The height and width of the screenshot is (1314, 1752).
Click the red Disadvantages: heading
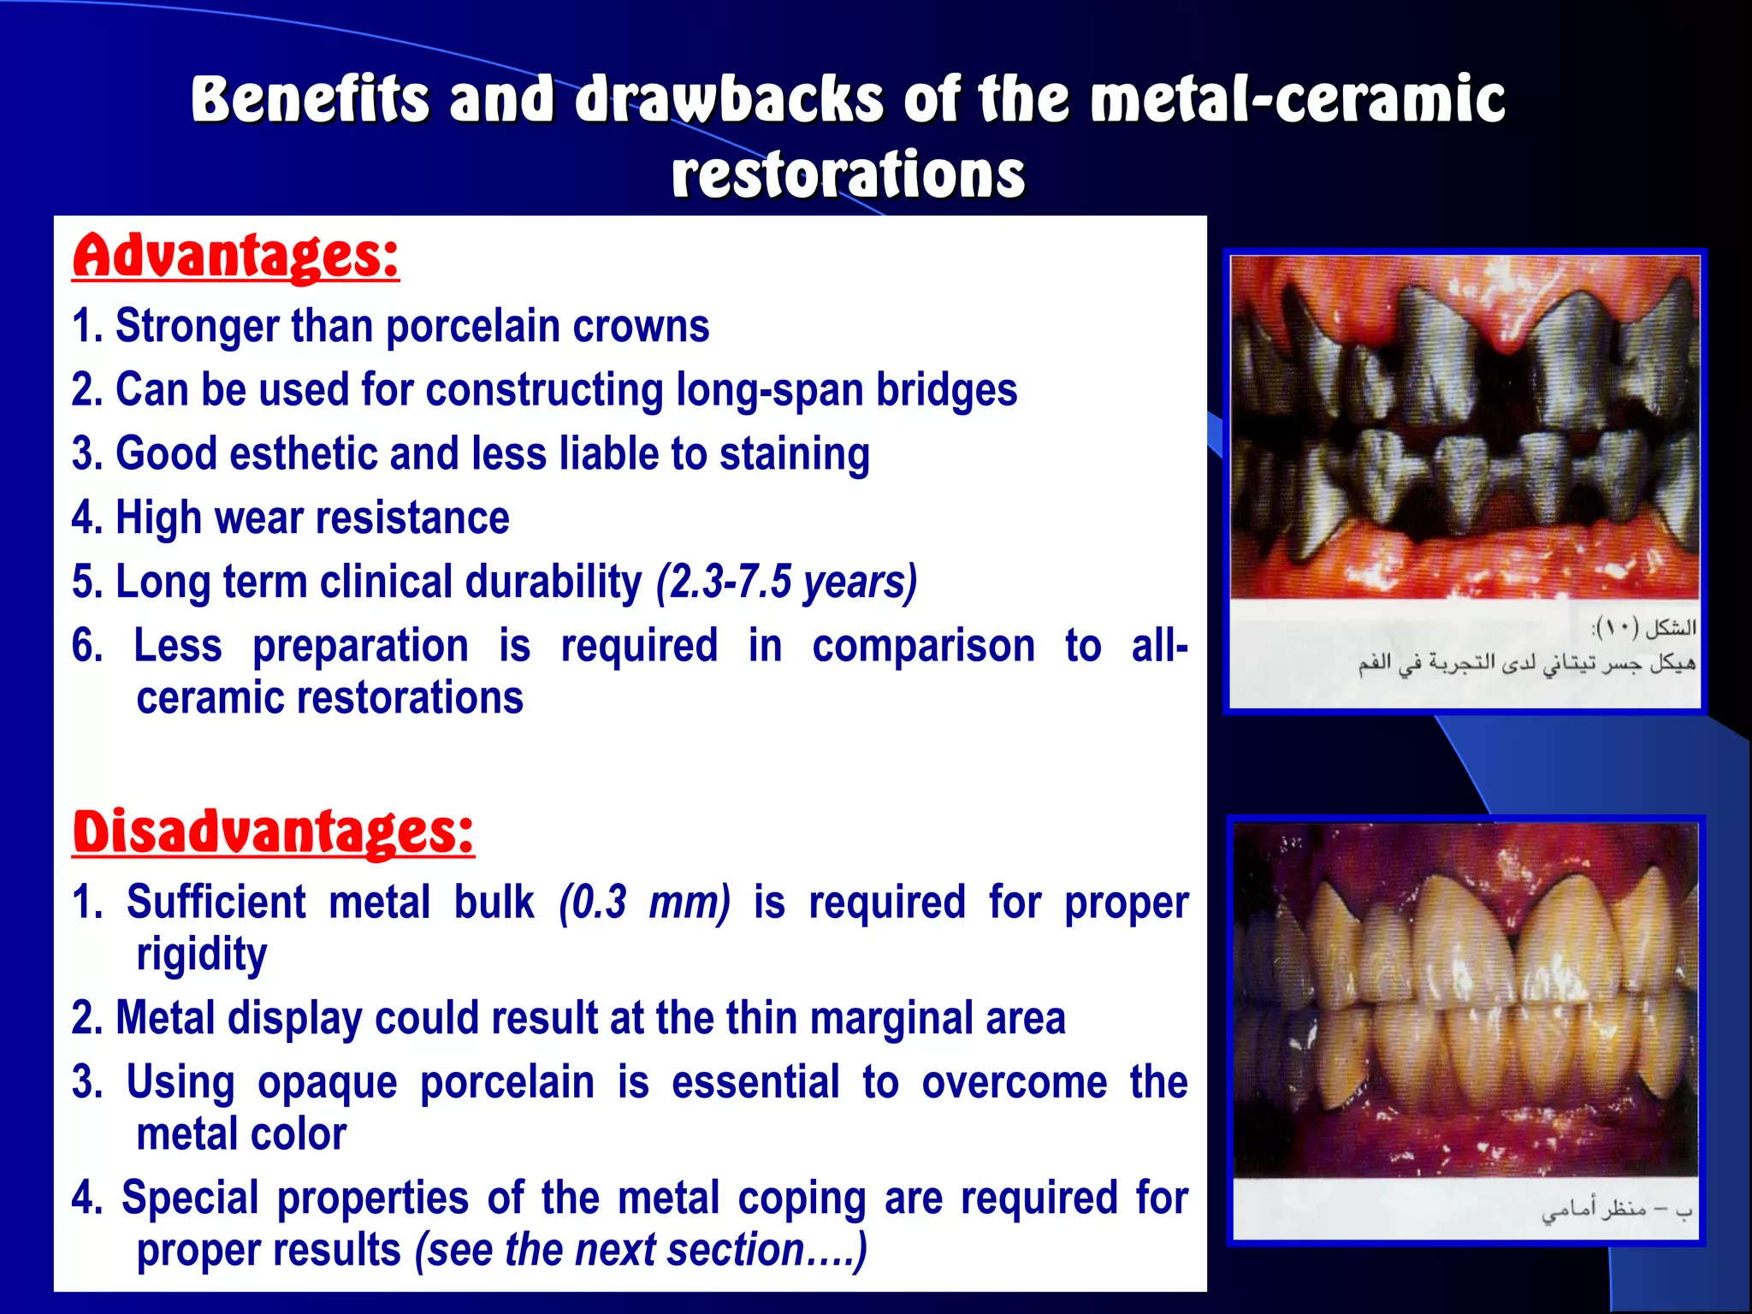pos(273,832)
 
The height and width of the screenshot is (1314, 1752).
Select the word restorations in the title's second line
pos(848,175)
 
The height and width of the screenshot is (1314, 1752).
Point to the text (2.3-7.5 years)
pos(786,583)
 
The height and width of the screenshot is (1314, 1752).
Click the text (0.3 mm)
pos(644,903)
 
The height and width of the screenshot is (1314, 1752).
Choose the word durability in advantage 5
pos(553,583)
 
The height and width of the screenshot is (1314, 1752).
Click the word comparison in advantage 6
pos(923,646)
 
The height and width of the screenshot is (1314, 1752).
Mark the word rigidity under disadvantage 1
pos(202,955)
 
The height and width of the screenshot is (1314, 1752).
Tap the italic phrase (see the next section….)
pos(641,1250)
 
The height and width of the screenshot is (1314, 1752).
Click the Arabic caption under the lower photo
pos(1616,1210)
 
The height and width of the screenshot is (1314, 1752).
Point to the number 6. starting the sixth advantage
pos(87,646)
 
